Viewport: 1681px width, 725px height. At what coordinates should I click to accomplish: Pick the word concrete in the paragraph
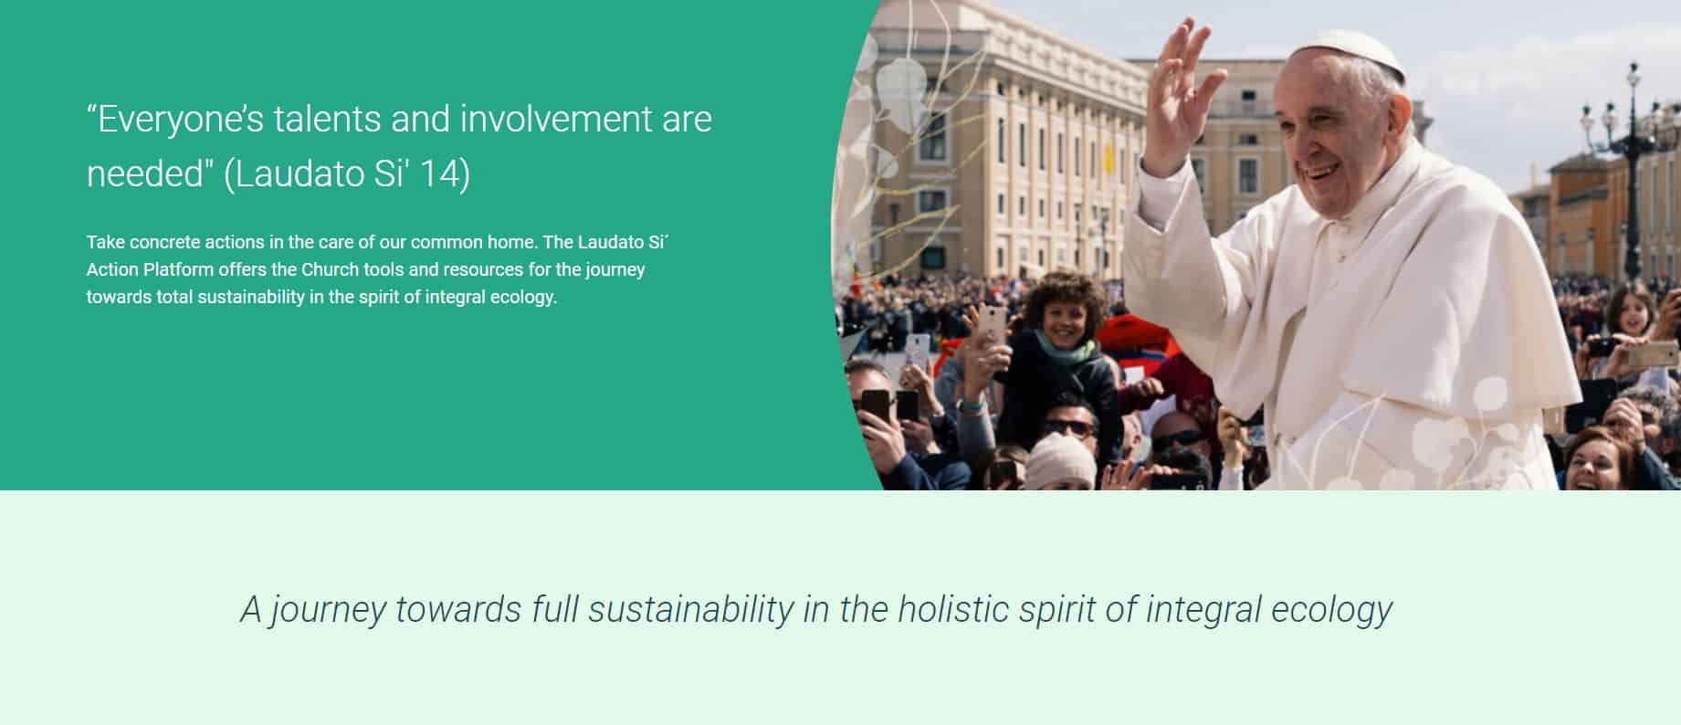[x=164, y=242]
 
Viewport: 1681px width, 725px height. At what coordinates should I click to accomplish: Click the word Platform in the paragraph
[x=178, y=269]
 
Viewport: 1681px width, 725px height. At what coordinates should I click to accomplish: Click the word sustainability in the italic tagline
[x=690, y=610]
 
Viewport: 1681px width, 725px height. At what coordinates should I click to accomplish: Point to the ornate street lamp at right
[x=1629, y=164]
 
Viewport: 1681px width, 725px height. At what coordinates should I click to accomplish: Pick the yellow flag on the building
[x=1108, y=157]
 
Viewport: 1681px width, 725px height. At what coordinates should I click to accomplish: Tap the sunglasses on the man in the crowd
[x=1069, y=426]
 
